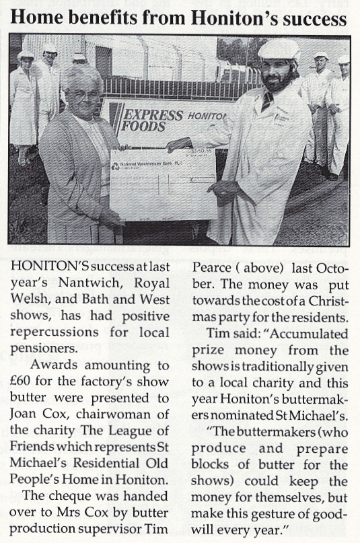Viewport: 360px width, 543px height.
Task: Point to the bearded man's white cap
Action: click(x=279, y=48)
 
